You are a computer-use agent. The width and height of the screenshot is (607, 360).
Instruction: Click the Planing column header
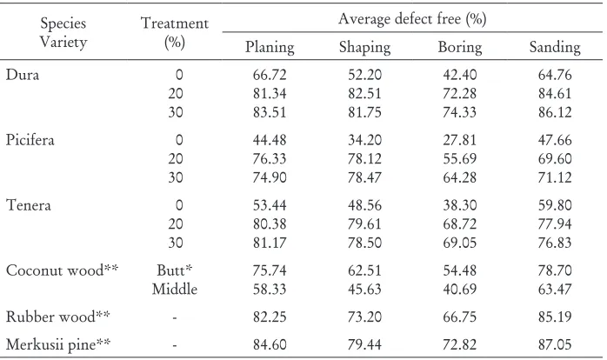click(270, 47)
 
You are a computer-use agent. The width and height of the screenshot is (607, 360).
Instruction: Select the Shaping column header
click(364, 47)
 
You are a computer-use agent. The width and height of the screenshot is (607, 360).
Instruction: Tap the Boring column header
click(460, 47)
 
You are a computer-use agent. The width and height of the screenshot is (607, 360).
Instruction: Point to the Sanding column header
click(555, 47)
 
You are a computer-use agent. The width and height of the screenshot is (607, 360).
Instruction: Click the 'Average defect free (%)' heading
click(412, 18)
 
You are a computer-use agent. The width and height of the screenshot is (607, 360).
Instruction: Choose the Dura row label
click(23, 74)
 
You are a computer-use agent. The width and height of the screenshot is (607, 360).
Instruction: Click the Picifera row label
click(30, 140)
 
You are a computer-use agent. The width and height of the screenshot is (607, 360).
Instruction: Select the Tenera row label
click(28, 204)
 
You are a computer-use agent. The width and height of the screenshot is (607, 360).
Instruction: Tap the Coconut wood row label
click(62, 270)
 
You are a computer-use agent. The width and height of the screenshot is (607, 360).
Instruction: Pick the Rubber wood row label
click(57, 317)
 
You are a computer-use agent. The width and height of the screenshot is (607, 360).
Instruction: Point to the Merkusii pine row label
click(58, 344)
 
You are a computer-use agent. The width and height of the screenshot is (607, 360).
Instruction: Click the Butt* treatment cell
click(174, 270)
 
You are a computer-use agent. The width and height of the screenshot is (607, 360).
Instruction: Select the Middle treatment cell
click(175, 290)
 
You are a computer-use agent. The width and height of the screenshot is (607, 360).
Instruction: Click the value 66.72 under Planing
click(270, 74)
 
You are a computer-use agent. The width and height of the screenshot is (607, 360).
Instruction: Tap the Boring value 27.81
click(460, 140)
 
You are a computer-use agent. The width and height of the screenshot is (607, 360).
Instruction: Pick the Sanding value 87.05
click(555, 344)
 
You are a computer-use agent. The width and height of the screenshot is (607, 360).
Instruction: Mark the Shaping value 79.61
click(364, 223)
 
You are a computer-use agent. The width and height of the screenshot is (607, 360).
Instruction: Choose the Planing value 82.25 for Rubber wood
click(270, 317)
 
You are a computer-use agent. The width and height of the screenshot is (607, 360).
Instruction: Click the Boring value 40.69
click(460, 290)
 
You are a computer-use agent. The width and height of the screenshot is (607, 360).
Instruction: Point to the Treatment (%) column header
click(175, 32)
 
